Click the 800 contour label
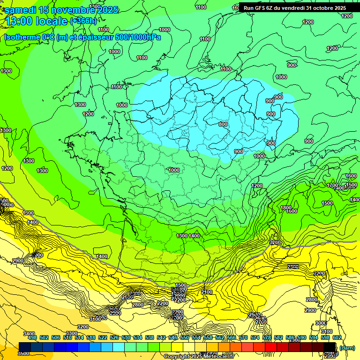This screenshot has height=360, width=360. (x=223, y=124)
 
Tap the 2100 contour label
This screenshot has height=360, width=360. (x=207, y=292)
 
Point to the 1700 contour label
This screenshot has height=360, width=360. (x=332, y=185)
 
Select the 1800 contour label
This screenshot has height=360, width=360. (x=285, y=208)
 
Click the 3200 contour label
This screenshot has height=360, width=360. (x=83, y=327)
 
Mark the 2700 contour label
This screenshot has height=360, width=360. (x=261, y=322)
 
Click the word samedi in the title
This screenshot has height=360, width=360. (x=21, y=10)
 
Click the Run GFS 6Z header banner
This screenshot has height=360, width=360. (x=295, y=7)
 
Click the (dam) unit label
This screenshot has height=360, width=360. (x=346, y=348)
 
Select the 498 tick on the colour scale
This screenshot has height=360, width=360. (x=32, y=337)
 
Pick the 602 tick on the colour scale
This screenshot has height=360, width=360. (x=337, y=337)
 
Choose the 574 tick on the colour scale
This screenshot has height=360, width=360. (x=255, y=337)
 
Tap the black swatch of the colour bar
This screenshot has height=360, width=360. (x=330, y=347)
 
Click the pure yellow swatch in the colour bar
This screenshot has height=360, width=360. (x=177, y=347)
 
